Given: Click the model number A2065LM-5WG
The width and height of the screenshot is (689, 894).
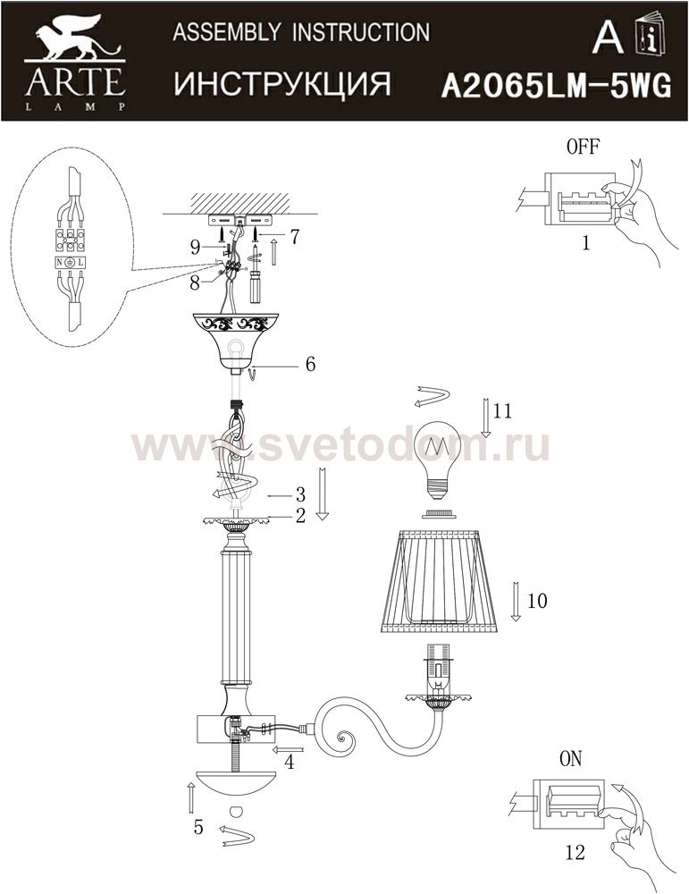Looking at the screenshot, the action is [557, 88].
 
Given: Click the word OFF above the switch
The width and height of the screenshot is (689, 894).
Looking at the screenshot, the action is [583, 147].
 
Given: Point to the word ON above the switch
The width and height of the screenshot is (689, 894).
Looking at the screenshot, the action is [571, 759].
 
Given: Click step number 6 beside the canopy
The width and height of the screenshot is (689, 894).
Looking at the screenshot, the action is [310, 364].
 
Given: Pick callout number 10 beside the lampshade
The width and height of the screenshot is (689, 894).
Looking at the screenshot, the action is [537, 601].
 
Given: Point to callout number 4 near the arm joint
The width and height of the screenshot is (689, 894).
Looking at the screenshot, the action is [290, 762].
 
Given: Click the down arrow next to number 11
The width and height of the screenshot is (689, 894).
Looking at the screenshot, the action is [485, 417].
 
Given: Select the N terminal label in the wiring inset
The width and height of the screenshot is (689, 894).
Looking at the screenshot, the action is [59, 263].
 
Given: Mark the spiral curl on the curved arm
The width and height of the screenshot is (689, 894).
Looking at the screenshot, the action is [345, 741].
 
